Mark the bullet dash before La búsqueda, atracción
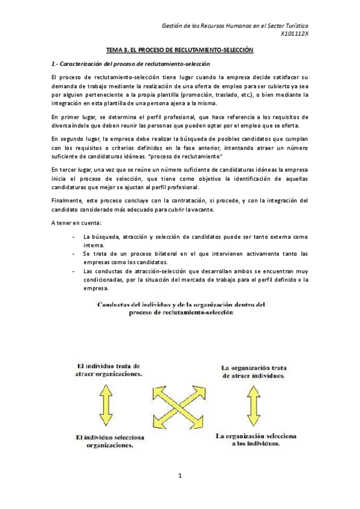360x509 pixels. [x=73, y=236]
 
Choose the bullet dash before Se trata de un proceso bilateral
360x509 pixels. [x=73, y=254]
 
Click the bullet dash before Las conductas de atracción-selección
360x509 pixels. [x=73, y=271]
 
